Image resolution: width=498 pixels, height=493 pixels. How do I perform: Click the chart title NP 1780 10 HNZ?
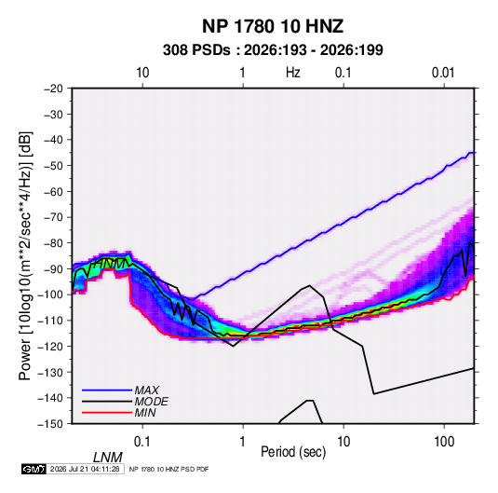[x=273, y=26]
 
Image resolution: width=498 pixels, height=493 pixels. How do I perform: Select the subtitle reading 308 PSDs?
[x=196, y=50]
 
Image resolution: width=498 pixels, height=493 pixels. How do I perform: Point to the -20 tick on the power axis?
[x=53, y=89]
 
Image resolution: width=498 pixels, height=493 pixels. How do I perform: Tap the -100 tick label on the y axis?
[x=51, y=294]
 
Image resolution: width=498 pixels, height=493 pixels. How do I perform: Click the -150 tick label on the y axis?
[x=51, y=424]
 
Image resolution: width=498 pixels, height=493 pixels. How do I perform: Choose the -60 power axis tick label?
[x=53, y=191]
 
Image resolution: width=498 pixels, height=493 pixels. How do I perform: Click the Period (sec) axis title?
[x=293, y=452]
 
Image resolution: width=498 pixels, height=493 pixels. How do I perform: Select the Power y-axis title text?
[x=25, y=256]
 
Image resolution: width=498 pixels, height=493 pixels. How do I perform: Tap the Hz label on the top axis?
[x=293, y=73]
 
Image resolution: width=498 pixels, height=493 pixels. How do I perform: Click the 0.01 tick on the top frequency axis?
[x=443, y=73]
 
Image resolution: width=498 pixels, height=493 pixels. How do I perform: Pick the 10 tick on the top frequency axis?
[x=142, y=73]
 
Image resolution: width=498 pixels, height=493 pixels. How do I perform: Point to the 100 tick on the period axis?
[x=444, y=442]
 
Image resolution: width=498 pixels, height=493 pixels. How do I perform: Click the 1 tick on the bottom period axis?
[x=243, y=442]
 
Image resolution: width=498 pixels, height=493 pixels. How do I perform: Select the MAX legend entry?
[x=146, y=390]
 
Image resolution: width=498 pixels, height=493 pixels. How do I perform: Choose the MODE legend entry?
[x=151, y=402]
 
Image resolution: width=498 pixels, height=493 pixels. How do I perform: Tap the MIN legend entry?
[x=145, y=413]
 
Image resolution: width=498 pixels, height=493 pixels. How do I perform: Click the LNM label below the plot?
[x=108, y=458]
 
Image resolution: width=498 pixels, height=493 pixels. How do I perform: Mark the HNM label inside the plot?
[x=109, y=264]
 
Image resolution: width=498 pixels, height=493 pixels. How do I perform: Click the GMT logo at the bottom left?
[x=34, y=469]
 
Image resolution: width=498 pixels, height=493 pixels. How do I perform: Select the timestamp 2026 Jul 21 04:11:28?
[x=85, y=469]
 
